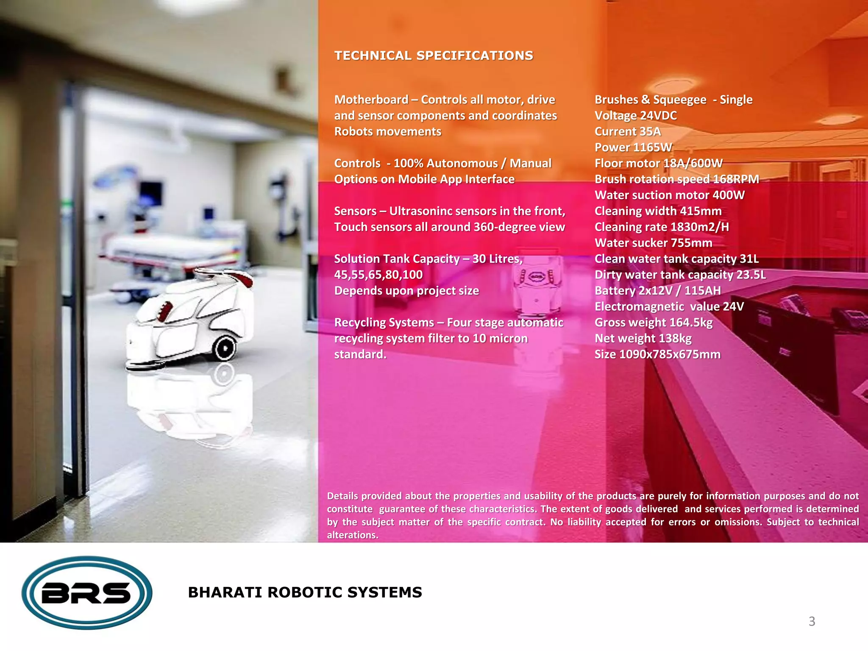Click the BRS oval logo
tap(87, 593)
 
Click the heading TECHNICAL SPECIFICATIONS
tap(434, 56)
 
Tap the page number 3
tap(812, 621)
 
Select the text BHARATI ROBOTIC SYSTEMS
tap(305, 592)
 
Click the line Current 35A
tap(627, 132)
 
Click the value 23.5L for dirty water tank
tap(751, 275)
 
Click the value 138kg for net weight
tap(669, 339)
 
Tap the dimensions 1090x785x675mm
tap(670, 354)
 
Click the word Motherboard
tap(371, 100)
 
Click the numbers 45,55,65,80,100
tap(378, 275)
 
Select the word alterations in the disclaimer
tap(352, 535)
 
